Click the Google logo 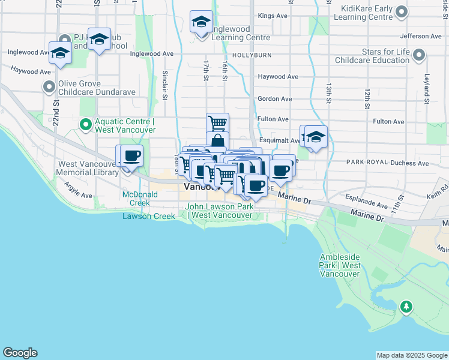click(20, 353)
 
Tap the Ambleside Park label click(340, 265)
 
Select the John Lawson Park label click(220, 211)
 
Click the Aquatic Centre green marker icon click(85, 125)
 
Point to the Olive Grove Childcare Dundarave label click(96, 88)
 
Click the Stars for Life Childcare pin click(420, 56)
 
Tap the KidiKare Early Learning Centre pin click(403, 11)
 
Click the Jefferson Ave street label click(420, 37)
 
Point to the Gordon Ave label click(274, 99)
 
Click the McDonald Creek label click(140, 199)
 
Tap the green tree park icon click(407, 307)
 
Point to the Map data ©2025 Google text click(412, 355)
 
